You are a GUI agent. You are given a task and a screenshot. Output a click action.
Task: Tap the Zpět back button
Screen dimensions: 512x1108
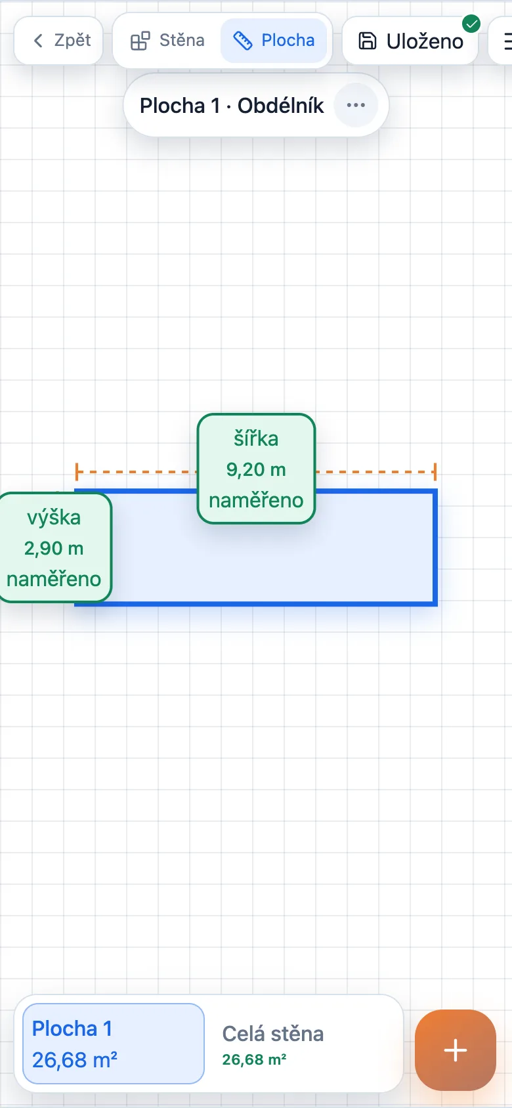click(58, 40)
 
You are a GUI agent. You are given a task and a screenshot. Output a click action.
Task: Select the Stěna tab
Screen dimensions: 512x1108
click(167, 40)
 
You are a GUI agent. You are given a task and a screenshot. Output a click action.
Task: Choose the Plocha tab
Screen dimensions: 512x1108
click(274, 40)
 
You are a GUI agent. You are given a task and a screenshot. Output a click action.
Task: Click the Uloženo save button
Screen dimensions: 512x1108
click(410, 41)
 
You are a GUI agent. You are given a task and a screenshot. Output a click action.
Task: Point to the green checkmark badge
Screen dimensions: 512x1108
click(471, 23)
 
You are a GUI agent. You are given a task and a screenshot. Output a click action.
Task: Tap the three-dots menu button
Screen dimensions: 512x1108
click(356, 105)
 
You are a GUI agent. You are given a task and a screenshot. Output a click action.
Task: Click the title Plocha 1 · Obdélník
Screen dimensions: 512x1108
click(232, 106)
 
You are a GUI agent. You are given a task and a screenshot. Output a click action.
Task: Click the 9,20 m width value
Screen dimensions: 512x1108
click(256, 469)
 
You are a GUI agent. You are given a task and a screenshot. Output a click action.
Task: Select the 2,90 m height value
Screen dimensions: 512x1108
click(54, 548)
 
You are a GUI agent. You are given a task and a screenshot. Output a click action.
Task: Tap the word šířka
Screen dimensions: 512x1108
click(256, 438)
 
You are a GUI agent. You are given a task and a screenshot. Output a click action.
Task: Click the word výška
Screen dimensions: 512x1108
click(54, 518)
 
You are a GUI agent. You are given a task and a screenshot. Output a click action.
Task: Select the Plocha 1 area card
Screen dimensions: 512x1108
click(114, 1044)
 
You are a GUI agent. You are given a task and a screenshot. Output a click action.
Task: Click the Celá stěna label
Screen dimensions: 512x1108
click(273, 1034)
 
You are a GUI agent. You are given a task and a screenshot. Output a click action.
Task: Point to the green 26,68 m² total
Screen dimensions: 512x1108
click(254, 1059)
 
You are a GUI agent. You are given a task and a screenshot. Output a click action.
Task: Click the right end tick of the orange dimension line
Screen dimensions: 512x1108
click(435, 472)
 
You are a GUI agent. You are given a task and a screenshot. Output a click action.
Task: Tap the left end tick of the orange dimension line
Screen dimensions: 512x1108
click(77, 472)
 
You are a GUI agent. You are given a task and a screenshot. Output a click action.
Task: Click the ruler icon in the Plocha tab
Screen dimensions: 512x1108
click(242, 41)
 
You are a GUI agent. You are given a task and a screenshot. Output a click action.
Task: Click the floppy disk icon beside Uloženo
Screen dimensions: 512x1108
click(367, 41)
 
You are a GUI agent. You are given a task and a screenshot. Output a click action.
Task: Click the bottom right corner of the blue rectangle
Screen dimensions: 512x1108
click(435, 604)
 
